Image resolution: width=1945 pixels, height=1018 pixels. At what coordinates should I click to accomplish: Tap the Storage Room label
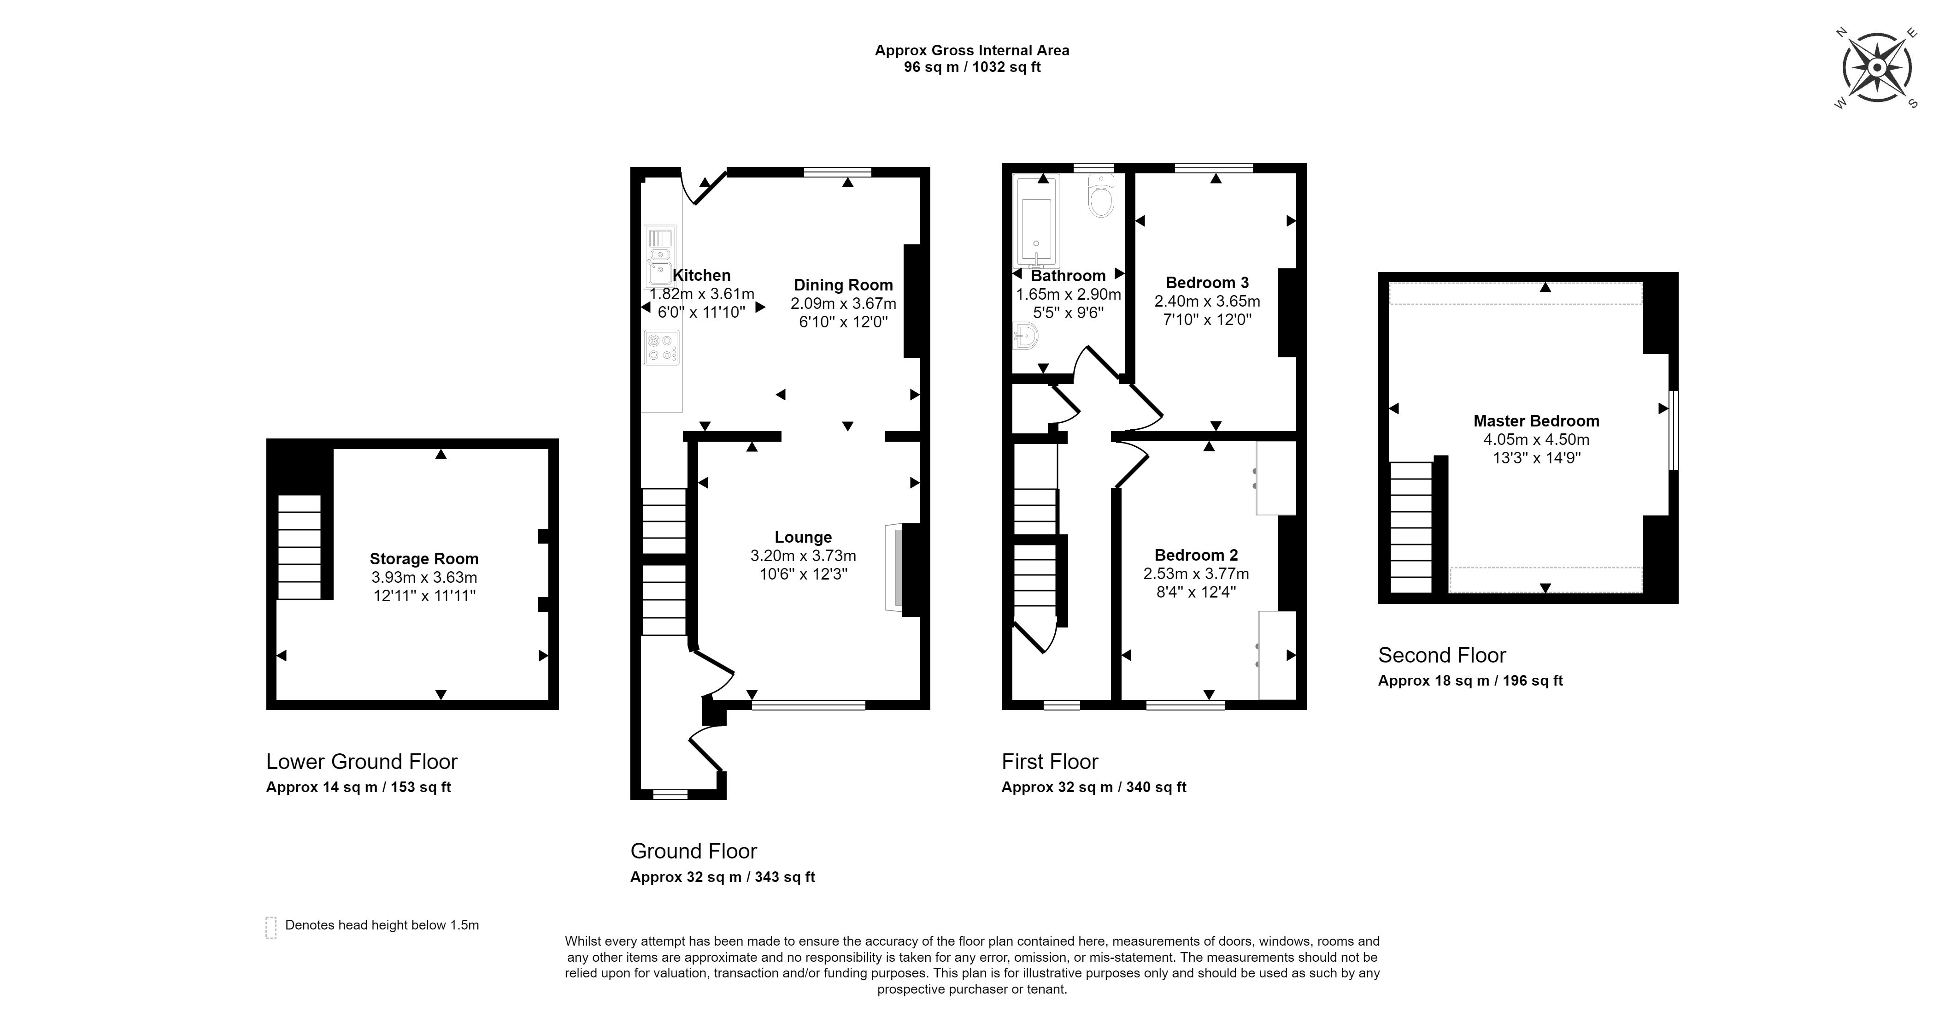pyautogui.click(x=423, y=559)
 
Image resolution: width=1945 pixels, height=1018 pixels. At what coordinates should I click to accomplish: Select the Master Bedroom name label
pyautogui.click(x=1536, y=420)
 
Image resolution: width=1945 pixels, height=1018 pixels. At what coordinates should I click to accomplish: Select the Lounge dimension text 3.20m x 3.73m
pyautogui.click(x=803, y=556)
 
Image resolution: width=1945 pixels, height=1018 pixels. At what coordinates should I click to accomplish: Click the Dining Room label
pyautogui.click(x=843, y=285)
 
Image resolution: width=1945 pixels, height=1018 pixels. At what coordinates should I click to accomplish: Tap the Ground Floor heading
pyautogui.click(x=693, y=851)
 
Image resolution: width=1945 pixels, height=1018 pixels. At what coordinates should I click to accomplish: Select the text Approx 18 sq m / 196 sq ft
pyautogui.click(x=1469, y=681)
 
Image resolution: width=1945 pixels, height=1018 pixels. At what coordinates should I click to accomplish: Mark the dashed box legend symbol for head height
pyautogui.click(x=271, y=927)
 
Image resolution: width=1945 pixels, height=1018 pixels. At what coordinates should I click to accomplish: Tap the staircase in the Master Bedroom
pyautogui.click(x=1410, y=527)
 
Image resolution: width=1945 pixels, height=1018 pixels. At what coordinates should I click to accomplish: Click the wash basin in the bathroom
pyautogui.click(x=1025, y=336)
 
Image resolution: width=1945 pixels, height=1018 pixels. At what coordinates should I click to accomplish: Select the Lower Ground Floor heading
pyautogui.click(x=362, y=761)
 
